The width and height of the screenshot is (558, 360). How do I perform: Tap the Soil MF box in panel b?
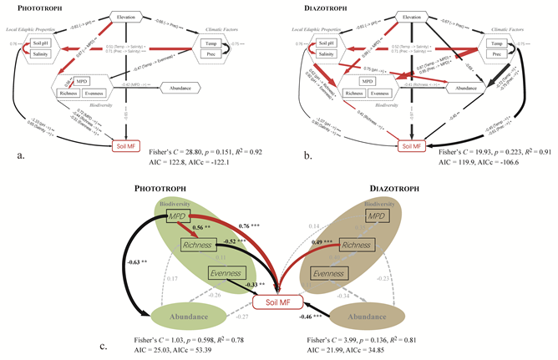click(x=410, y=147)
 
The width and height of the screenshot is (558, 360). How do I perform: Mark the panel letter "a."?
click(x=18, y=153)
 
